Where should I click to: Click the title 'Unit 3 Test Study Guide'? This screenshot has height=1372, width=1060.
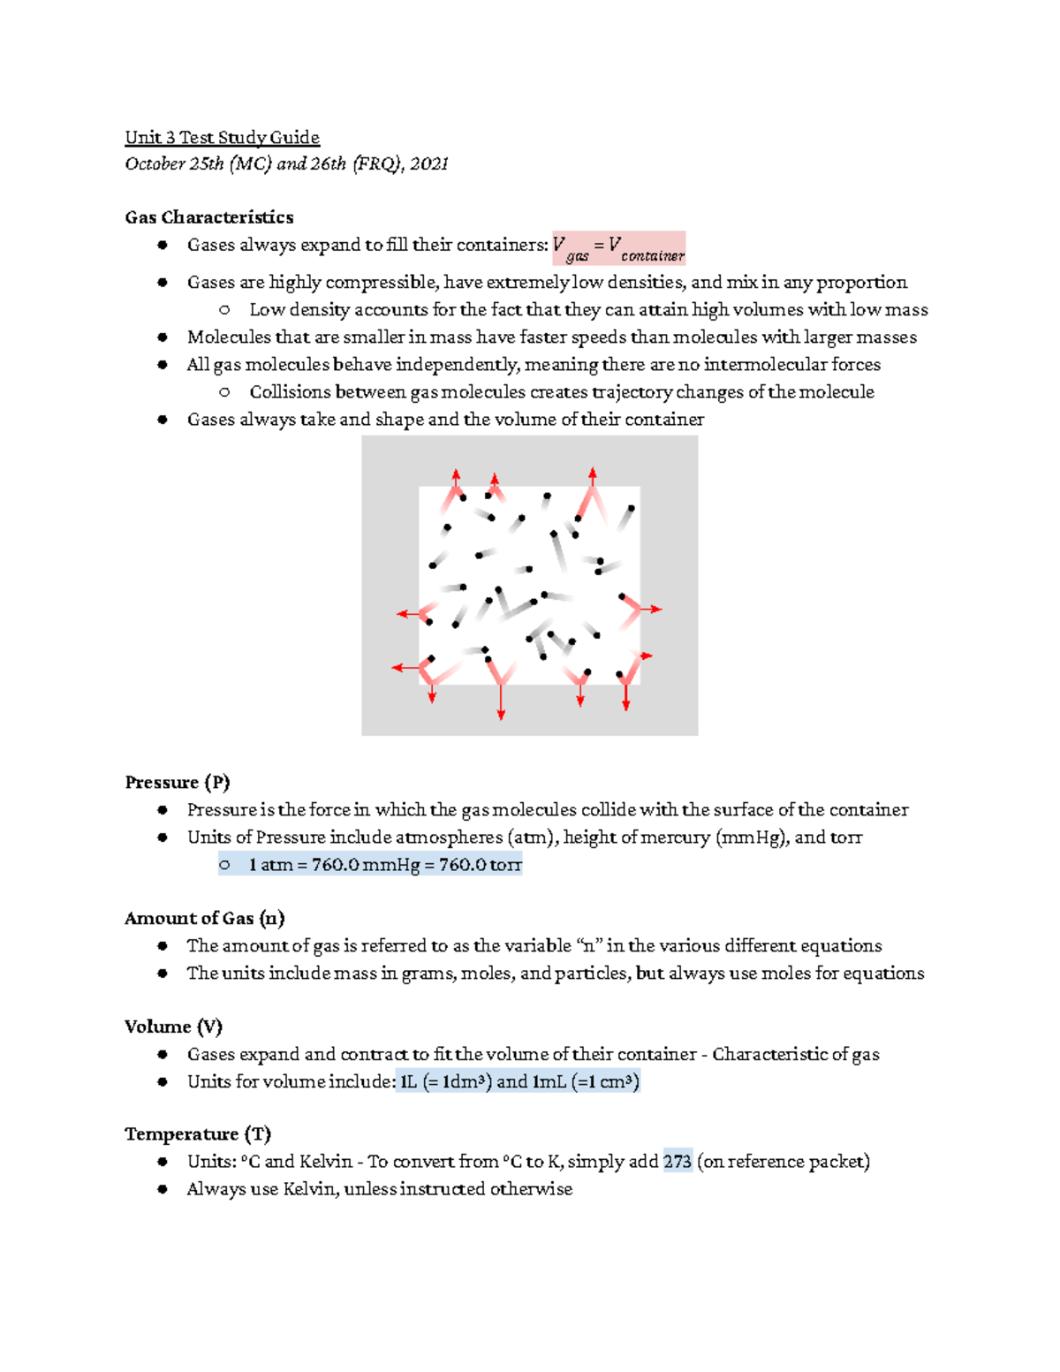(x=222, y=137)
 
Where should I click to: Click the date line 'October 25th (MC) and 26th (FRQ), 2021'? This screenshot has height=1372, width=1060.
(x=286, y=163)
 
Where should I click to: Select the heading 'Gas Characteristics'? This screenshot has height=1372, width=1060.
(x=209, y=217)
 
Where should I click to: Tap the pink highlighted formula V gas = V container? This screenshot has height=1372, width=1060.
(x=618, y=248)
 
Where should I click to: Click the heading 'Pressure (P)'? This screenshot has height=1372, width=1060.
(x=178, y=783)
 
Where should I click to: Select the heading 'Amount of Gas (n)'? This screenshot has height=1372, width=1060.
(x=205, y=919)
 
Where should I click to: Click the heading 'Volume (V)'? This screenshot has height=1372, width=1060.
(x=173, y=1027)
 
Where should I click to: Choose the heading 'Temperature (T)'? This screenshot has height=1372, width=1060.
(x=198, y=1134)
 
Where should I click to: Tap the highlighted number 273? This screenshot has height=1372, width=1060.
(x=678, y=1162)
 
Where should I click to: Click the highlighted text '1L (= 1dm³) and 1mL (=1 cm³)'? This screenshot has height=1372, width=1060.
(x=519, y=1081)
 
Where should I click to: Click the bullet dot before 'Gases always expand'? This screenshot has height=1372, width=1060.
(x=163, y=245)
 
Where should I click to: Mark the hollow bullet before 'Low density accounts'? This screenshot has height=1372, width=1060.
(x=224, y=310)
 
